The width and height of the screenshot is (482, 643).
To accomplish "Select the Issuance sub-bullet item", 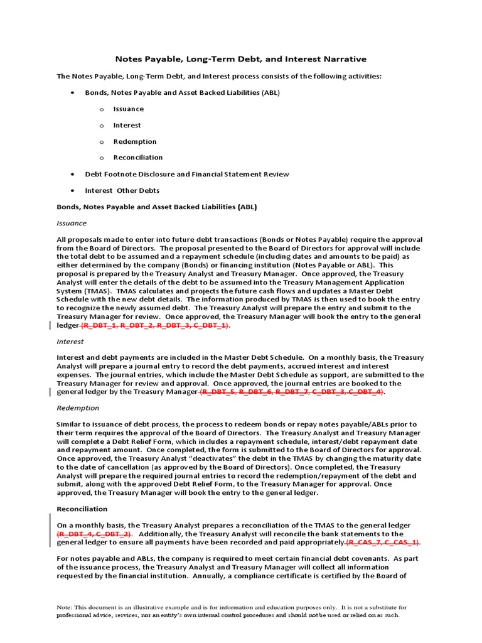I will click(128, 109).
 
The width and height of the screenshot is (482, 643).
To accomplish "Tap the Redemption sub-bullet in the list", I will click(134, 141).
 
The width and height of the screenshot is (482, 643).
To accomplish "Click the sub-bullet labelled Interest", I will click(127, 125).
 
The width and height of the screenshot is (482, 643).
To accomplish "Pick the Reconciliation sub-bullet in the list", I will click(137, 157).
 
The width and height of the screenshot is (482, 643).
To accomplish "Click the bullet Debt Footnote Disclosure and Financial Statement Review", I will click(186, 174).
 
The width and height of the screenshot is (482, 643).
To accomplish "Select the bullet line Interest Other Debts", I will click(122, 190).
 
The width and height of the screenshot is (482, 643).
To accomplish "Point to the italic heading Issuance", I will click(72, 223).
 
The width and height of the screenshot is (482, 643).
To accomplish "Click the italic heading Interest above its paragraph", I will click(70, 342).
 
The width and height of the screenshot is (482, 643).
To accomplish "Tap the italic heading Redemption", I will click(77, 408).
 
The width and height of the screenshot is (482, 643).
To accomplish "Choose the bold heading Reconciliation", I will click(82, 509).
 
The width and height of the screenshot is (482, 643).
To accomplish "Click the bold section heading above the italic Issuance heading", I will click(156, 207).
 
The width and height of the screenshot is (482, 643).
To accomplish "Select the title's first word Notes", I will click(128, 59).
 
